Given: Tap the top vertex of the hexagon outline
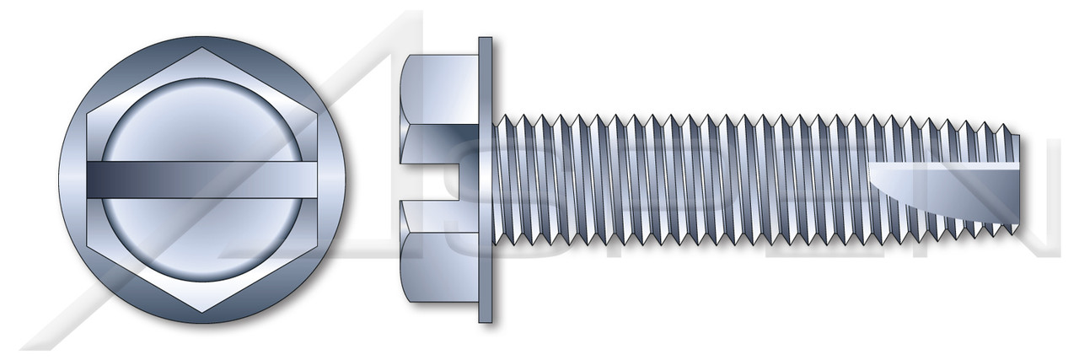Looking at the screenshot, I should pos(201,49).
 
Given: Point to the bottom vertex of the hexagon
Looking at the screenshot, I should pos(201,311).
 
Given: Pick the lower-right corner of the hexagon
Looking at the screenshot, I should pos(314,245).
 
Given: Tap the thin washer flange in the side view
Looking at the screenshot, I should pos(486,180).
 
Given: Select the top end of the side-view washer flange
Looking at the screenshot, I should pos(486,40).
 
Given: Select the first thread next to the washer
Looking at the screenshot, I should pos(502,180).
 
